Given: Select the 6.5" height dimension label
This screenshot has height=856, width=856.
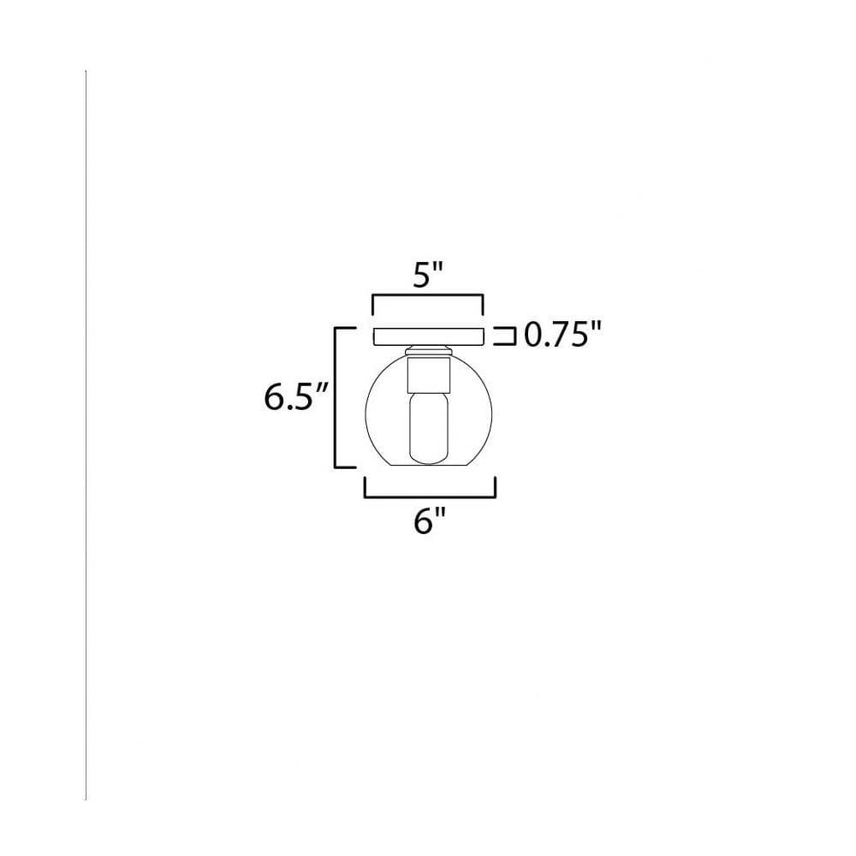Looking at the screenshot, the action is coord(295,397).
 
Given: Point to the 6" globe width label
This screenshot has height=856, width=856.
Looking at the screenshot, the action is coord(431,522).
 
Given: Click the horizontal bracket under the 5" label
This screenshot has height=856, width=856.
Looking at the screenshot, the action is coord(427,296).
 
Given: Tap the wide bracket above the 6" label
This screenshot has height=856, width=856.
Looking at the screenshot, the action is coord(431,496).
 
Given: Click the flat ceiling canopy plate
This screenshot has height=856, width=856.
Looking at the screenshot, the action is coord(429,336).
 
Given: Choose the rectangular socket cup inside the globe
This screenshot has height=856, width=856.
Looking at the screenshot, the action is coord(429,375).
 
